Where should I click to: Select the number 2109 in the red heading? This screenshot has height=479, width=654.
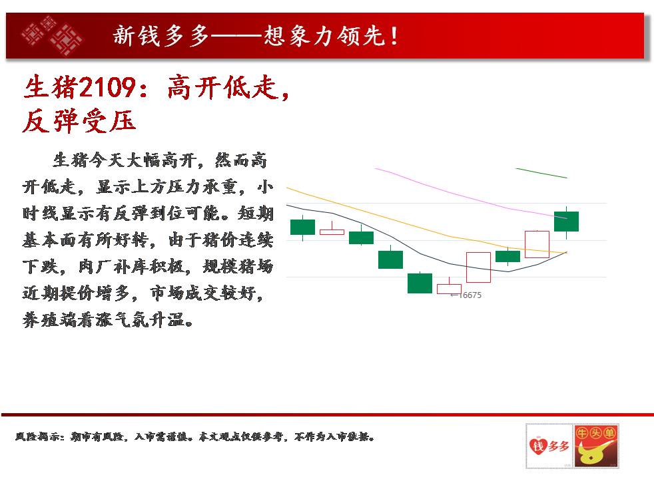[x=107, y=87]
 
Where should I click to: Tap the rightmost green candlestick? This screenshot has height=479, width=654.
[x=566, y=222]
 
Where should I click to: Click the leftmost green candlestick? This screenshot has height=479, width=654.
[x=303, y=227]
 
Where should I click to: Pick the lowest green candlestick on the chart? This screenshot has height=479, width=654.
[x=420, y=283]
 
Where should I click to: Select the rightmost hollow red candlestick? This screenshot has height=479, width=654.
[x=537, y=245]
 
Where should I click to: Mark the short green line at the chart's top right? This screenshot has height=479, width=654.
[x=541, y=173]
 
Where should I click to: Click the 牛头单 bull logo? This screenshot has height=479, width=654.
[x=596, y=446]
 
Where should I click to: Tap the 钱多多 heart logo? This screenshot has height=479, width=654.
[x=549, y=446]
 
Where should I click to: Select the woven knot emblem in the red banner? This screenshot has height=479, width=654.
[x=52, y=36]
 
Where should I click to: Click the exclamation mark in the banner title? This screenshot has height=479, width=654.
[x=394, y=36]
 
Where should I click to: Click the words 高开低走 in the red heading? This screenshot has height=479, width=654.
[x=222, y=87]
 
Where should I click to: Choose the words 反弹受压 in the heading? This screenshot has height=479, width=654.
[x=79, y=121]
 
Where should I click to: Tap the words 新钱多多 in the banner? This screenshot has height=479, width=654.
[x=161, y=36]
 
